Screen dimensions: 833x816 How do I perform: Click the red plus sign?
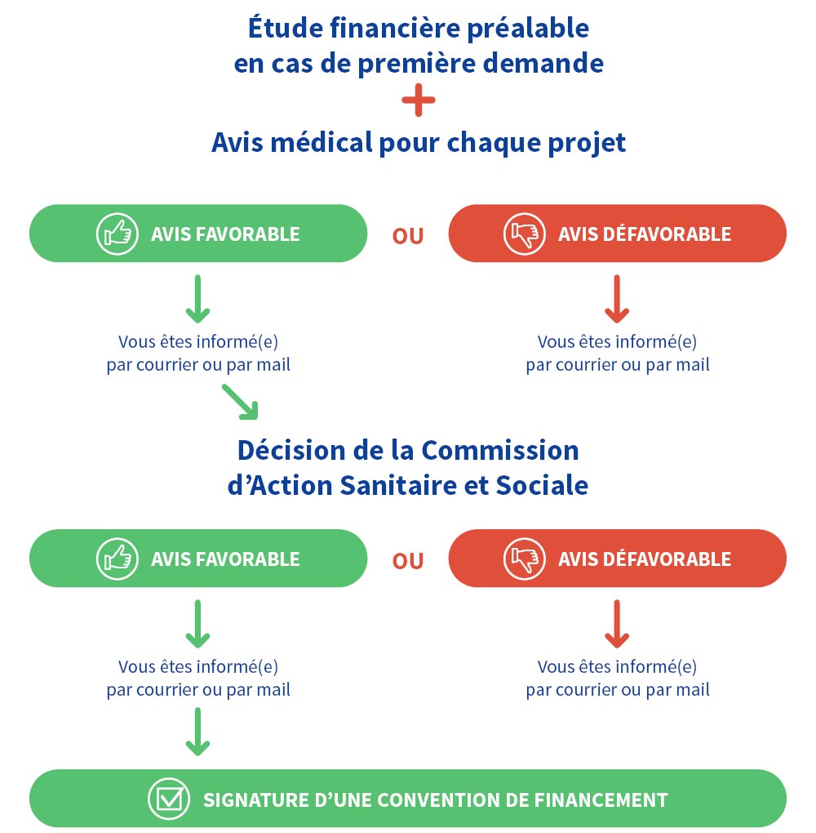click(419, 103)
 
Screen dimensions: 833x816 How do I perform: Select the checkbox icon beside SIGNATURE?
click(168, 799)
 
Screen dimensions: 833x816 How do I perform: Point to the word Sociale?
click(542, 485)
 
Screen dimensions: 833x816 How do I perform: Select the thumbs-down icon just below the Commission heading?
click(523, 559)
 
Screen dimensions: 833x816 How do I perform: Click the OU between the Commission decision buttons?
click(408, 561)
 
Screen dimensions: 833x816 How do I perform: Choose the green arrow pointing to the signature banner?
click(197, 731)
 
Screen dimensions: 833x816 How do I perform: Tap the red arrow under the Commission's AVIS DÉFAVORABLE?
click(617, 624)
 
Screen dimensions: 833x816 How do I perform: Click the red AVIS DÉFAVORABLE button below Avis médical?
click(617, 234)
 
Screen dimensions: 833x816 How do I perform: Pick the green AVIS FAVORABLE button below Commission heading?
click(197, 559)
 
